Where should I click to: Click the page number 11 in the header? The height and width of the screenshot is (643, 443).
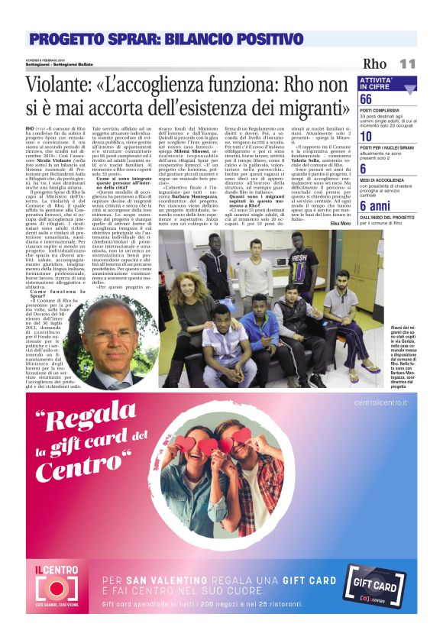pyautogui.click(x=407, y=63)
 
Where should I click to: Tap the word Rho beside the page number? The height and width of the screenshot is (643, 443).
pyautogui.click(x=375, y=63)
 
